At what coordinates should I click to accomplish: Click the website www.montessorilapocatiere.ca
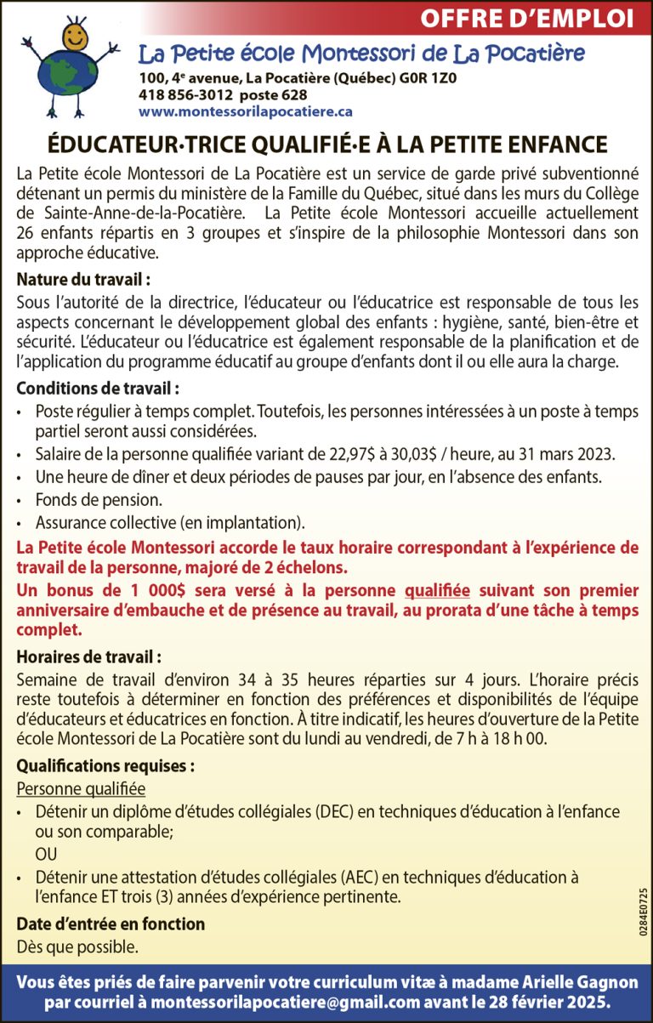tap(246, 111)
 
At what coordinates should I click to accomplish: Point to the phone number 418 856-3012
tap(187, 94)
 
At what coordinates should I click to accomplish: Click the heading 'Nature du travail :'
tap(83, 279)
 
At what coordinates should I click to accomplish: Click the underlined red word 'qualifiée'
tap(437, 590)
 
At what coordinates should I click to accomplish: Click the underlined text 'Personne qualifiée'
tap(81, 789)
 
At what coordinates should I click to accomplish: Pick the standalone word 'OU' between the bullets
tap(46, 854)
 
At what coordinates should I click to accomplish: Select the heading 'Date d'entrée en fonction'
tap(111, 924)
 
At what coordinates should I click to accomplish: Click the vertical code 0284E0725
tap(642, 912)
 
